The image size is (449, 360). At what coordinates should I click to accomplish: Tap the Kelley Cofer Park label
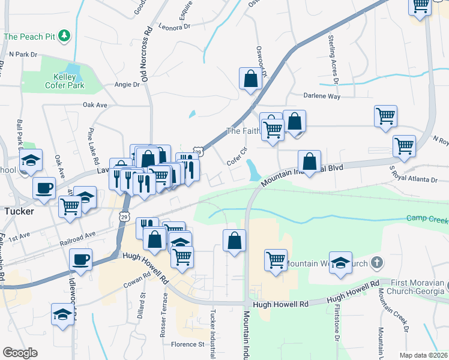[65, 81]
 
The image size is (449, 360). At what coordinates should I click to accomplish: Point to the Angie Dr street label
[127, 85]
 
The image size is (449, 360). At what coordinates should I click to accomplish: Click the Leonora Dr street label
[175, 26]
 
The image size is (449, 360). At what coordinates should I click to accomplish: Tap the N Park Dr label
[23, 54]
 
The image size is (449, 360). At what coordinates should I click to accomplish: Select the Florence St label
[187, 344]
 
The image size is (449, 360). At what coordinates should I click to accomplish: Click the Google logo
[20, 353]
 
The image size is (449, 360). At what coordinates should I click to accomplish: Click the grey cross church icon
[376, 262]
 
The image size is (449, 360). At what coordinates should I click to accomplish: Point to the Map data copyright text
[424, 355]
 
